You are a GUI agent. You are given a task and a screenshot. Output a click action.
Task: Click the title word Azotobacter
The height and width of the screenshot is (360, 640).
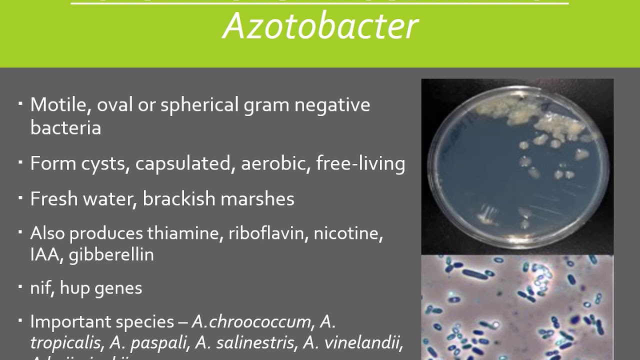320,26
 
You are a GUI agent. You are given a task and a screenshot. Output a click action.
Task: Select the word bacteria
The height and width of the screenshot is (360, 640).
65,127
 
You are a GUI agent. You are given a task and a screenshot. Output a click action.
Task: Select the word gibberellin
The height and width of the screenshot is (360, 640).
111,255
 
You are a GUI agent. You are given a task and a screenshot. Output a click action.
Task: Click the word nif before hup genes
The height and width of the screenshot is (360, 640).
41,288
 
